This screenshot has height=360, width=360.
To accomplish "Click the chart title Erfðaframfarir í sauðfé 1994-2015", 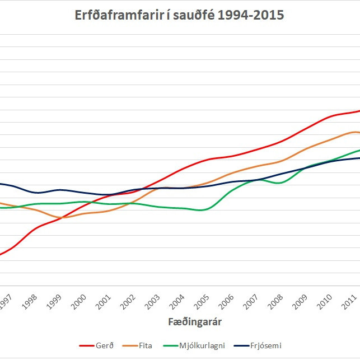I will (180, 15).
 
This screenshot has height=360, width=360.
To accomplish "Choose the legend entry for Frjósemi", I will (258, 346).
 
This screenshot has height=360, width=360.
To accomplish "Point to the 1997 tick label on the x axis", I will (5, 303).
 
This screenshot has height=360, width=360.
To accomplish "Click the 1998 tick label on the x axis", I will (30, 303).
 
